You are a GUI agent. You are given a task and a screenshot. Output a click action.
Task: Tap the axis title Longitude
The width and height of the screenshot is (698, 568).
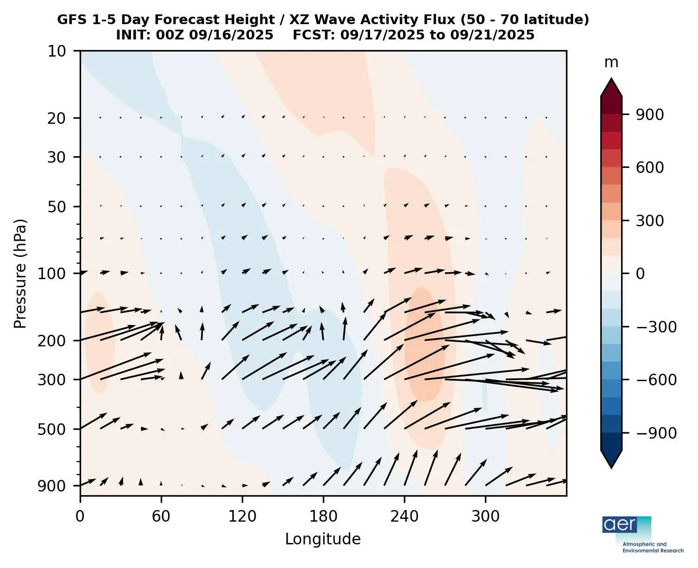tap(323, 539)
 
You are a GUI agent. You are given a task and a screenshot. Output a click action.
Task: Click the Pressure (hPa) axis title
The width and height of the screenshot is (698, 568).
tap(20, 273)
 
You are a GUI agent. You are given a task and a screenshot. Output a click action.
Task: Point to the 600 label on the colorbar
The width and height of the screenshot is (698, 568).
tap(649, 167)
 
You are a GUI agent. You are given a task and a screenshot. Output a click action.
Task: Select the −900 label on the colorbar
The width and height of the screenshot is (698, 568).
tap(647, 433)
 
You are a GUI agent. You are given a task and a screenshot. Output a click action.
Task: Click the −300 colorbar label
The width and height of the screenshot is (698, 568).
tap(647, 327)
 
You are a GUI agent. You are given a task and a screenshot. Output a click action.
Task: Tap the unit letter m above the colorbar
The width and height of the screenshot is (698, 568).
tap(611, 63)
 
